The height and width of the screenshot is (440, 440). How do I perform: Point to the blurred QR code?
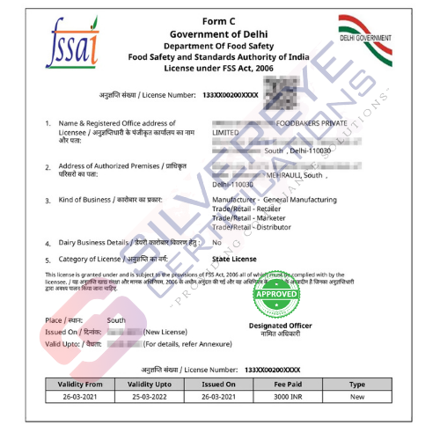pos(284,92)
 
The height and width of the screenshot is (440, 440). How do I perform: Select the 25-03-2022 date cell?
pos(148,397)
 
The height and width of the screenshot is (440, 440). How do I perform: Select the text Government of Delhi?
pos(219,34)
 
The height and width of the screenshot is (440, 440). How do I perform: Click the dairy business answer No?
pos(216,242)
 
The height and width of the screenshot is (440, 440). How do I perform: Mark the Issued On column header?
pos(218,385)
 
